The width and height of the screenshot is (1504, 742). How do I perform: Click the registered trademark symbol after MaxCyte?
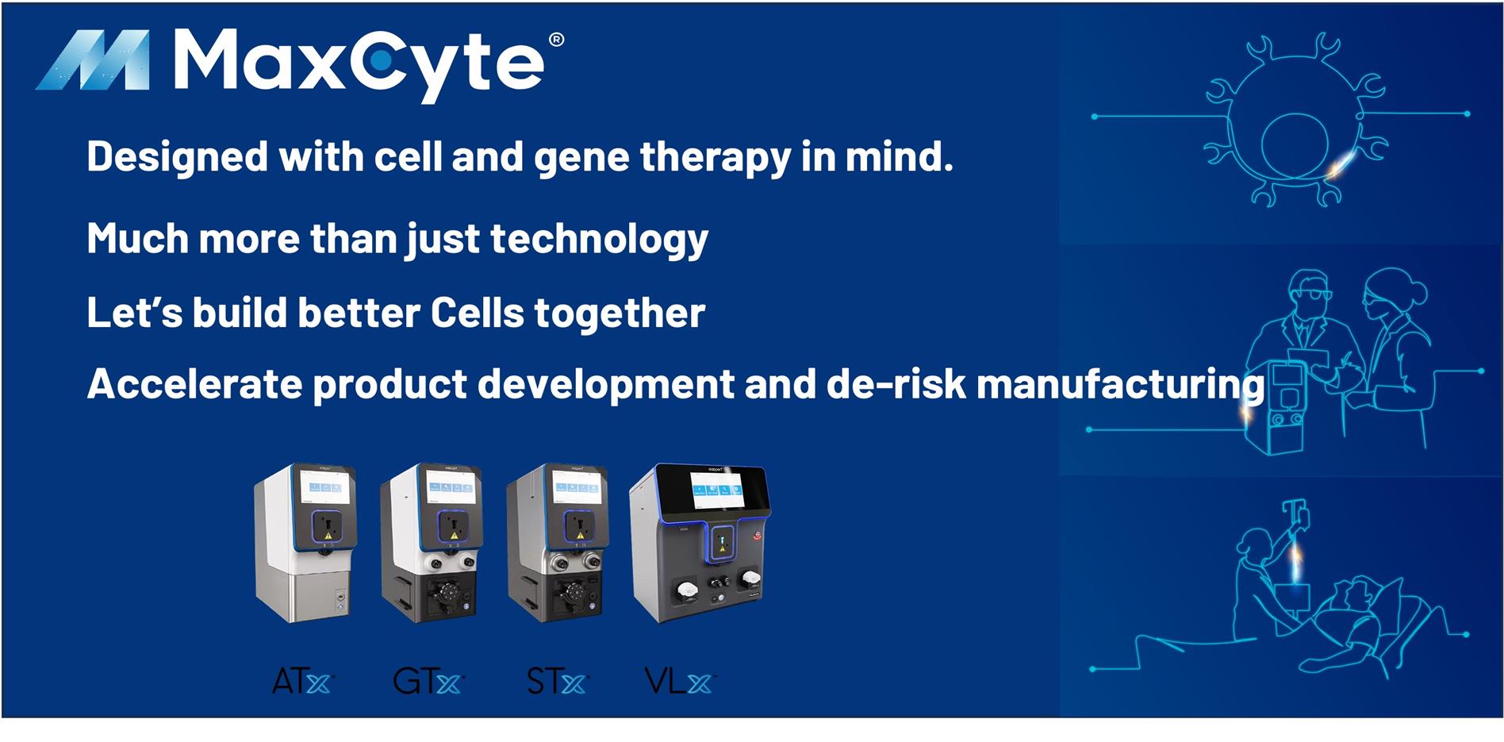[556, 40]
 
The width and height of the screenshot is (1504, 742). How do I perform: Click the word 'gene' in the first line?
[583, 157]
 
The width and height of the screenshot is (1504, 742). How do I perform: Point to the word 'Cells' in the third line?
[477, 313]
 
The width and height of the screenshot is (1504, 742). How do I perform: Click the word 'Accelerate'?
[194, 384]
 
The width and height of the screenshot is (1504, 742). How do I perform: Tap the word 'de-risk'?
[896, 384]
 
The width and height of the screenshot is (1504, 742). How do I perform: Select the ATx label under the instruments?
[301, 682]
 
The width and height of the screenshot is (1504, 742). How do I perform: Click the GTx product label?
[427, 682]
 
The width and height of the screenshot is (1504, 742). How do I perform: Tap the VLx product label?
[679, 681]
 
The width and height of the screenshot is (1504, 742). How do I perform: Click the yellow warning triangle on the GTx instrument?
[455, 536]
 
